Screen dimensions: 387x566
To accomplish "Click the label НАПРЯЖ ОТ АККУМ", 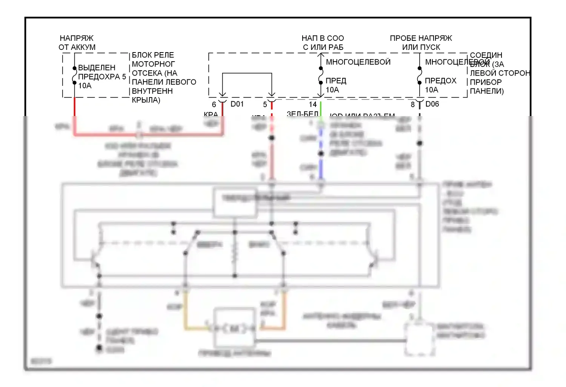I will click(x=77, y=43).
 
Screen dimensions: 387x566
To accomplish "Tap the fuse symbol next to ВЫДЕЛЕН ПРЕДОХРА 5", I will click(x=75, y=76).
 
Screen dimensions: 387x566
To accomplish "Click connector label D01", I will click(x=237, y=104).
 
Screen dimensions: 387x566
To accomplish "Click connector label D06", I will click(x=432, y=104).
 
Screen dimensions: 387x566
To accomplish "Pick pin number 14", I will click(x=313, y=104).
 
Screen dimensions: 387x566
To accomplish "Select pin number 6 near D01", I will click(x=214, y=105).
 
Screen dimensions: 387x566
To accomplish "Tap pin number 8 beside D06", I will click(x=412, y=105).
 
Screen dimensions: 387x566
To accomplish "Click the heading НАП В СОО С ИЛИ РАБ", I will click(x=323, y=43).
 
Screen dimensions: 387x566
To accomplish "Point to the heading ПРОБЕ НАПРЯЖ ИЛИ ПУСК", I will click(x=421, y=43).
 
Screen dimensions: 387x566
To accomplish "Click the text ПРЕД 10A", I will click(x=335, y=85).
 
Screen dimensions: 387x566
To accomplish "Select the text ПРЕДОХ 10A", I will click(x=440, y=85).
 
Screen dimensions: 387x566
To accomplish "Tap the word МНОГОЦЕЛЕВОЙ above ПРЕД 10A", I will click(x=358, y=62).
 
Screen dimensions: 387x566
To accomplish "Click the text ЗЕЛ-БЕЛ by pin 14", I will click(x=302, y=113).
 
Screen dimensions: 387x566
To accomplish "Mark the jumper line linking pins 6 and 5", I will click(x=247, y=73).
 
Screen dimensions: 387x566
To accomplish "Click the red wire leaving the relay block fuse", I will click(x=74, y=108).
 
